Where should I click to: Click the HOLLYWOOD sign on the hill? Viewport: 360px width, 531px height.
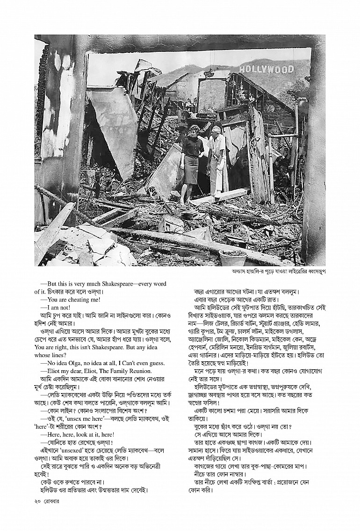tap(266, 70)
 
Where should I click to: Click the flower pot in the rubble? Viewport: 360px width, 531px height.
tap(232, 257)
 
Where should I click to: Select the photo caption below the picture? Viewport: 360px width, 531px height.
tap(278, 272)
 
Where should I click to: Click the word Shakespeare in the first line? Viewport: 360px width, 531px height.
tap(111, 284)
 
